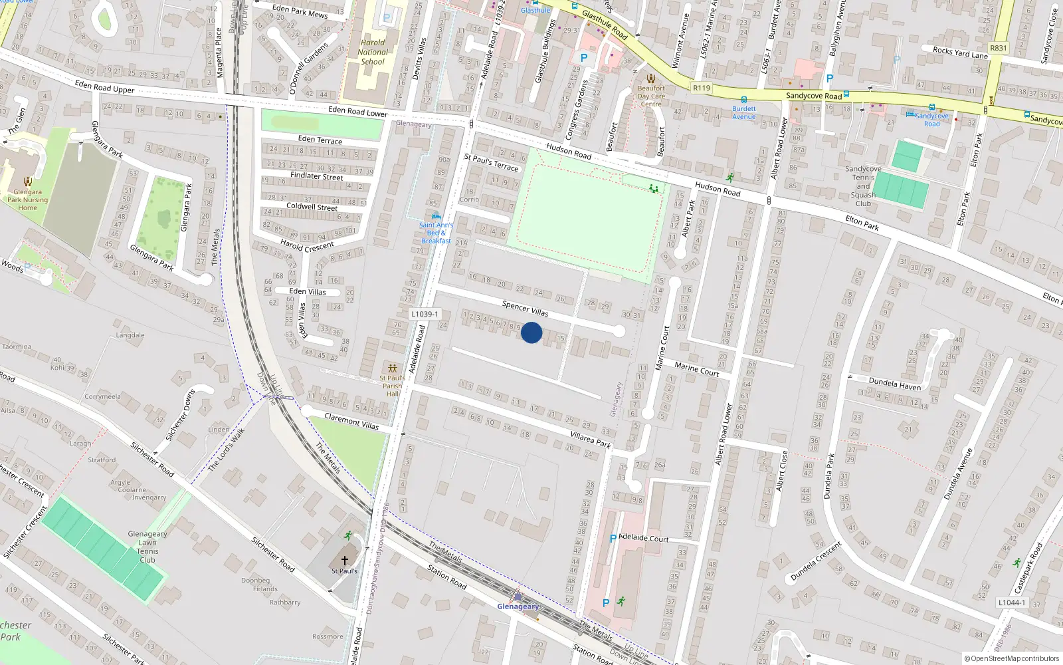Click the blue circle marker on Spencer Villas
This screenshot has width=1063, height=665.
click(x=531, y=332)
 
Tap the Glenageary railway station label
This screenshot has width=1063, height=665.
click(x=518, y=606)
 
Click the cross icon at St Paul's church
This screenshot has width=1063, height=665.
click(x=344, y=561)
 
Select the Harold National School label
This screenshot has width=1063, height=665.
click(x=373, y=52)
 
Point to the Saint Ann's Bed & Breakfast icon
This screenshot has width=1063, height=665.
click(x=436, y=216)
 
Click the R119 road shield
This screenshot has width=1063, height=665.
click(x=702, y=88)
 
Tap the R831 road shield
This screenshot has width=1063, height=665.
click(x=999, y=48)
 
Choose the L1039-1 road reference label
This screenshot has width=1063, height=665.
click(x=425, y=314)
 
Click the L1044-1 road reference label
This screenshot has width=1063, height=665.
click(x=1012, y=602)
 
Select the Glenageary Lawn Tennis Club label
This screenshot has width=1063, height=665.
click(x=147, y=547)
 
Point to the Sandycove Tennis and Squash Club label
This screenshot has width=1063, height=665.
click(x=863, y=186)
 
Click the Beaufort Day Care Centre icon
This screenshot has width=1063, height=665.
click(x=651, y=78)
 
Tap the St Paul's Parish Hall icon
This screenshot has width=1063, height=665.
click(x=393, y=368)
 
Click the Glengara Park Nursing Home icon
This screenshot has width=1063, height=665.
click(x=27, y=182)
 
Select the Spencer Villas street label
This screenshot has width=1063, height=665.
click(x=525, y=308)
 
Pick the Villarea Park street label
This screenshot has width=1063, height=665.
click(x=591, y=440)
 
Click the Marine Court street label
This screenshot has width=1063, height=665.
click(x=696, y=370)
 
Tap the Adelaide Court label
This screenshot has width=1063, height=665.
click(x=643, y=538)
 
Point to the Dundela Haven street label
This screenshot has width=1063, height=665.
click(x=895, y=384)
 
